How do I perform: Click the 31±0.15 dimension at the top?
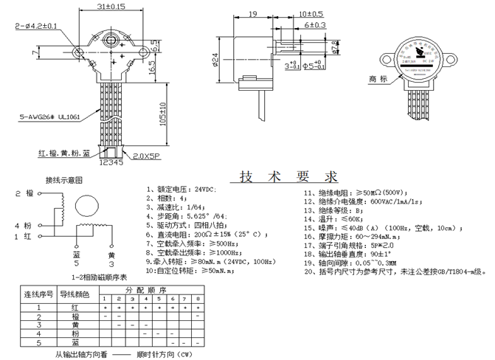click(x=110, y=7)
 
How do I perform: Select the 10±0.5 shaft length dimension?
click(x=311, y=14)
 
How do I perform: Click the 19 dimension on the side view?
click(x=252, y=14)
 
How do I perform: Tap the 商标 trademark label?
click(x=378, y=79)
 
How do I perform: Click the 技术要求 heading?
click(x=283, y=177)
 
